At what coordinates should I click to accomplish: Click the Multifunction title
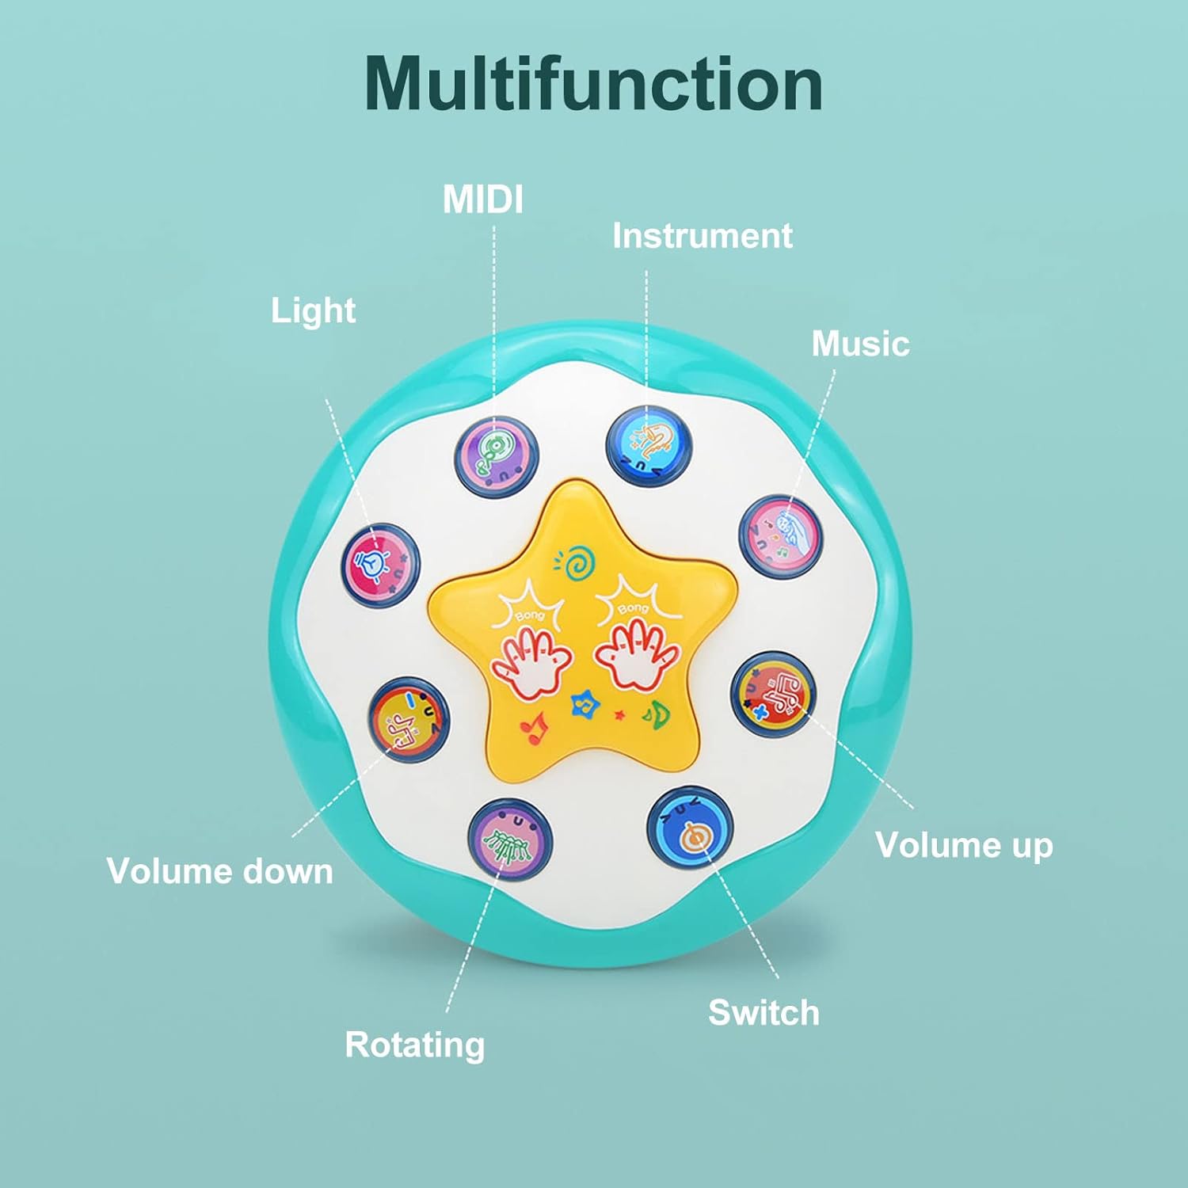(593, 84)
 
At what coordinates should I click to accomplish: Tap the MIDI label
(483, 200)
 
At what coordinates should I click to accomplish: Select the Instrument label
(702, 236)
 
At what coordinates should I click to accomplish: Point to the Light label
(313, 310)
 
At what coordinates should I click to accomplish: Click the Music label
(860, 344)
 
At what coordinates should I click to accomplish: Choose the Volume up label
(964, 845)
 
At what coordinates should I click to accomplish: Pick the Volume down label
(220, 871)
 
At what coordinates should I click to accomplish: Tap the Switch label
(763, 1013)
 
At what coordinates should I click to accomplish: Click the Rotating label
(414, 1045)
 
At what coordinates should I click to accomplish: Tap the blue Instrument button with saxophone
(649, 446)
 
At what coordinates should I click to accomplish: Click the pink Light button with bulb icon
(380, 565)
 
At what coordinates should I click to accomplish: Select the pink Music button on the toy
(781, 536)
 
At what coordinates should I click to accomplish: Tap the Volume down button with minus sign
(409, 719)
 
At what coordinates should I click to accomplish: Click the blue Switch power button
(689, 828)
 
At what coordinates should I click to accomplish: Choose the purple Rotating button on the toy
(509, 839)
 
